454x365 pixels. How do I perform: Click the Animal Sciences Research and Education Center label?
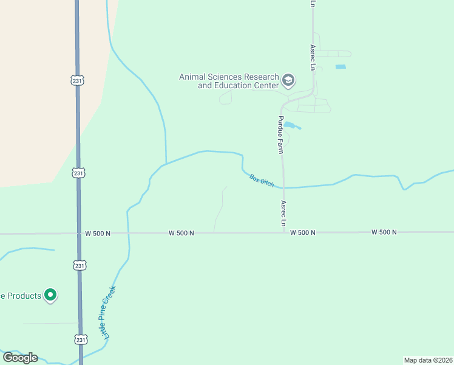(x=229, y=81)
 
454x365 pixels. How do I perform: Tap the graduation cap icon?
(x=288, y=80)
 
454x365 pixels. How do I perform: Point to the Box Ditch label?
(x=262, y=181)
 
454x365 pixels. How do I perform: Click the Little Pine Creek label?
(x=109, y=313)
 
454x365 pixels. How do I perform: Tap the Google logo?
(x=20, y=357)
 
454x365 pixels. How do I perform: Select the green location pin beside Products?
(x=51, y=296)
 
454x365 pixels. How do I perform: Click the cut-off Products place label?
(x=21, y=296)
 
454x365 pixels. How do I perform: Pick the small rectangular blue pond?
(x=340, y=66)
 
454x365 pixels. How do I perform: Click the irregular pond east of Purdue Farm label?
(x=291, y=126)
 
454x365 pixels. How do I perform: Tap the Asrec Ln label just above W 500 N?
(x=283, y=214)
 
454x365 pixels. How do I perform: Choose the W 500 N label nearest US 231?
(x=97, y=233)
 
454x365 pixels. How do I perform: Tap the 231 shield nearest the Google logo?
(x=80, y=339)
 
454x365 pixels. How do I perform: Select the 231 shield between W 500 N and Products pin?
(x=80, y=265)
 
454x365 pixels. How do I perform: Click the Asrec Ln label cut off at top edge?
(x=313, y=4)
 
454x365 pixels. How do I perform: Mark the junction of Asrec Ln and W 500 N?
(x=283, y=232)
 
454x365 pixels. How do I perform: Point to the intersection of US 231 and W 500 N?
(x=79, y=233)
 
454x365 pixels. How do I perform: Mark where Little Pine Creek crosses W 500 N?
(x=128, y=232)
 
